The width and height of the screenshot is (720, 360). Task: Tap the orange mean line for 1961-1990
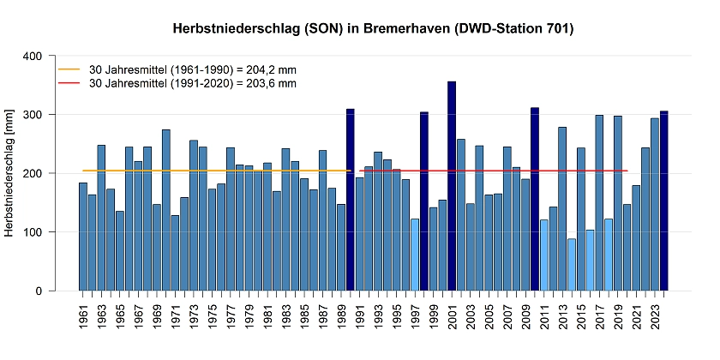click(x=214, y=171)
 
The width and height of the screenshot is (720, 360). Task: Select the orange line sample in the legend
click(x=68, y=69)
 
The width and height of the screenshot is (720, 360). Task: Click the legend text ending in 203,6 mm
click(x=193, y=83)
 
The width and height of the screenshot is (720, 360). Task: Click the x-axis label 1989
click(x=341, y=318)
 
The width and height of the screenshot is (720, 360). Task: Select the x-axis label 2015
click(x=581, y=318)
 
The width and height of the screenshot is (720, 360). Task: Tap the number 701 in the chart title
click(x=555, y=29)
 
